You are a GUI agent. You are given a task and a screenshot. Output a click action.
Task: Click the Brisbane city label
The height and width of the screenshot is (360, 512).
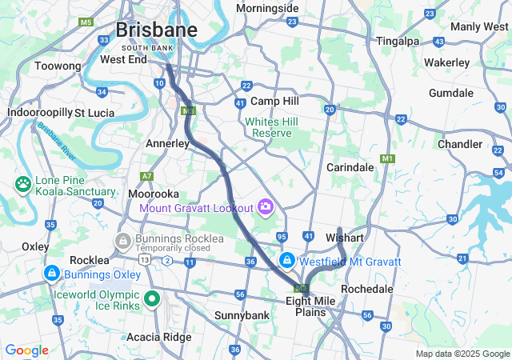pos(157,30)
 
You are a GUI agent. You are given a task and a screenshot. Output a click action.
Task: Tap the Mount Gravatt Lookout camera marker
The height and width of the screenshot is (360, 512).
pos(266,207)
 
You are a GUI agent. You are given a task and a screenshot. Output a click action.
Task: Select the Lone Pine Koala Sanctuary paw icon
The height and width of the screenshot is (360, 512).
pos(22,185)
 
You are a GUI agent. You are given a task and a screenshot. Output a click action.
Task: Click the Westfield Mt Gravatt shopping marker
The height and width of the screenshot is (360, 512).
pos(287,261)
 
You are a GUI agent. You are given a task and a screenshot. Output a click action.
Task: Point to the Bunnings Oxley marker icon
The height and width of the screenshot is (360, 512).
pos(52,274)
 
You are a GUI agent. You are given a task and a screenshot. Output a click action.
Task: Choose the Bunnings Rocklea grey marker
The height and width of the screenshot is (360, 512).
pos(124,240)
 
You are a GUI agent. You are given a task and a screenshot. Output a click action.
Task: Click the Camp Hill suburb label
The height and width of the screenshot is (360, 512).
pos(274,102)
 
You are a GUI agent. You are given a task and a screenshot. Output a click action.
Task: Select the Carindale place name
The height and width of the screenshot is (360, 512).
pos(350,167)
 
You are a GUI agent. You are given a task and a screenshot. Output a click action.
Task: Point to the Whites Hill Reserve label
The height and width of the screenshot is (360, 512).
pos(272,127)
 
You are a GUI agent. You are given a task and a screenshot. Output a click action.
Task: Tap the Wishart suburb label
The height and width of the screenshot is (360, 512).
pos(345,238)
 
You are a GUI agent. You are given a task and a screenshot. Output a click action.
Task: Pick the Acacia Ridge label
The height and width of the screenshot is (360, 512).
pos(158,337)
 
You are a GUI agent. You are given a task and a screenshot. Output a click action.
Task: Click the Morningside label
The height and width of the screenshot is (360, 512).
pos(267,8)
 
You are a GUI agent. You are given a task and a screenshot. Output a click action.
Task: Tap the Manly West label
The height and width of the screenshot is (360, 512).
pos(479,26)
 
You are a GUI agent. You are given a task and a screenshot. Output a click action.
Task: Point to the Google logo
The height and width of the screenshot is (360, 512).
pos(26,350)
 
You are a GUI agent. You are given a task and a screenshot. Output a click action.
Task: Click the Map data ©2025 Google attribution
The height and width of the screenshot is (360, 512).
pos(462,354)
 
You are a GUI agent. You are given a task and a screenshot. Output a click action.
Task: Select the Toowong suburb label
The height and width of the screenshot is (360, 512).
pos(58,66)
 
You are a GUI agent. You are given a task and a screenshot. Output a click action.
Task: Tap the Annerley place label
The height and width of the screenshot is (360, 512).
pos(167,143)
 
